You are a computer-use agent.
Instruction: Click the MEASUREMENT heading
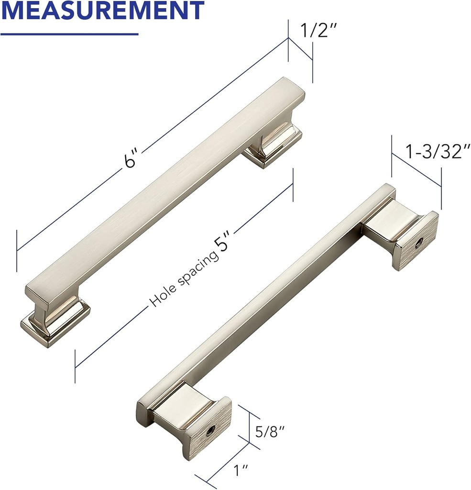[102, 11]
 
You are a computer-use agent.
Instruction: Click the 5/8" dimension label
[270, 432]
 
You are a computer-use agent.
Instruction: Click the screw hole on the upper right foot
[419, 243]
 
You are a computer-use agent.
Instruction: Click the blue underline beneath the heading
[69, 34]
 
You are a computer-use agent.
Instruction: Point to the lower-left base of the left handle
[55, 323]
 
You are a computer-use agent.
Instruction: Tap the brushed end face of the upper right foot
[416, 242]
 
